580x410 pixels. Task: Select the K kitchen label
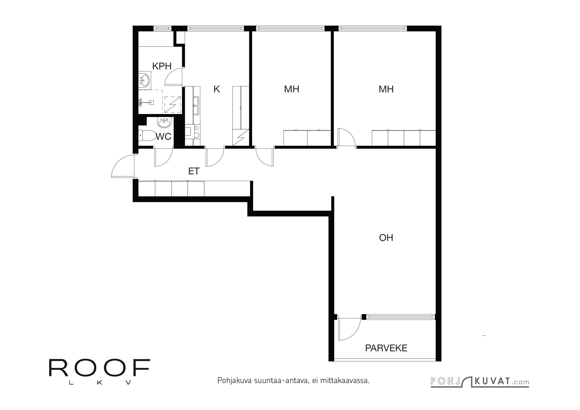216,89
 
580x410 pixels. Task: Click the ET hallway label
194,171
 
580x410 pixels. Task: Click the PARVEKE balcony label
386,348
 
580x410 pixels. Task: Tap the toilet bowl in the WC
147,136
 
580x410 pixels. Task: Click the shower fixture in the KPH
146,102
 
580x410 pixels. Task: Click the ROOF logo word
100,368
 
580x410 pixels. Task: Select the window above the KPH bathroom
162,28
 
